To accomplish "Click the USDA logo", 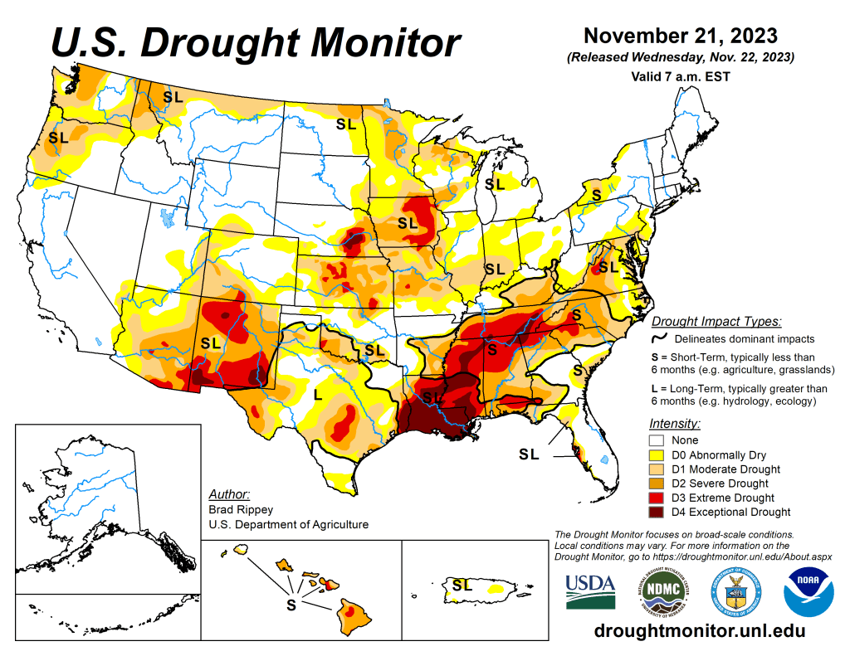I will pyautogui.click(x=590, y=590).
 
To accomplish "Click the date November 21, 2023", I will pyautogui.click(x=680, y=36).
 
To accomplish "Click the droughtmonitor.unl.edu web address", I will pyautogui.click(x=700, y=631).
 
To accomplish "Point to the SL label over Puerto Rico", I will pyautogui.click(x=462, y=585).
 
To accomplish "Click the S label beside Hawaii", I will pyautogui.click(x=291, y=605).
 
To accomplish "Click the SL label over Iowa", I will pyautogui.click(x=407, y=222).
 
